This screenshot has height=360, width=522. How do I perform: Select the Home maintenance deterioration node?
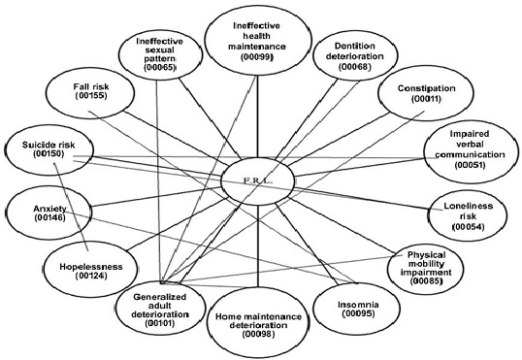point(257,321)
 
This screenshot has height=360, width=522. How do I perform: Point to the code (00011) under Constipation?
point(426,103)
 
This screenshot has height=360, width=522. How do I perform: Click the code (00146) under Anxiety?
point(37,219)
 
